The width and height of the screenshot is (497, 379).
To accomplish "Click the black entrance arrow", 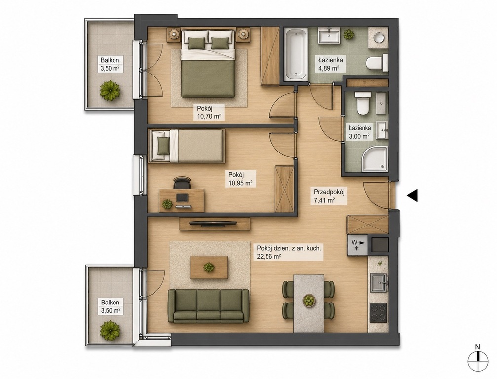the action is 413,196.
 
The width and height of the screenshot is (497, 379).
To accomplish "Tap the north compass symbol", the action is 478,361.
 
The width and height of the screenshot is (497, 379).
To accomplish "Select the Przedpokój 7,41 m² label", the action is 329,196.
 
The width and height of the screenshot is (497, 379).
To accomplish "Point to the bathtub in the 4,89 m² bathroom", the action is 296,54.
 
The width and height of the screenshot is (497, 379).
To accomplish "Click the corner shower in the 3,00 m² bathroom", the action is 377,159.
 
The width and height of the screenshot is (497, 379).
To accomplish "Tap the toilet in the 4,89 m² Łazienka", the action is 377,63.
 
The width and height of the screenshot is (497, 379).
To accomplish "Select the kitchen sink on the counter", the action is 379,283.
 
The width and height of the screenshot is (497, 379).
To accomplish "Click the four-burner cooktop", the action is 379,312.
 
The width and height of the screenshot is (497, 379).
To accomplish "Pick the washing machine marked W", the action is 357,245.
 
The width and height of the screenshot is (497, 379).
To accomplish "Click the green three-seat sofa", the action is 209,305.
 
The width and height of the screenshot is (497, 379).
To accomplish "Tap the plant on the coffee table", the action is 209,267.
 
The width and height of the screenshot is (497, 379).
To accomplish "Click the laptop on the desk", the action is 182,198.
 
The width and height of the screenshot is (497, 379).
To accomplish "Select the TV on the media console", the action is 213,223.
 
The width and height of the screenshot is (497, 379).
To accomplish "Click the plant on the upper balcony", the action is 110,91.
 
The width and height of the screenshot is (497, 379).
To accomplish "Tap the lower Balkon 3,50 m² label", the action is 110,306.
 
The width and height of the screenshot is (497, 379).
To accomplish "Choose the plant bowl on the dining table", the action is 308,300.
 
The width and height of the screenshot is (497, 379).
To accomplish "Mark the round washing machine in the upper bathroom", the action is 379,38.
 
